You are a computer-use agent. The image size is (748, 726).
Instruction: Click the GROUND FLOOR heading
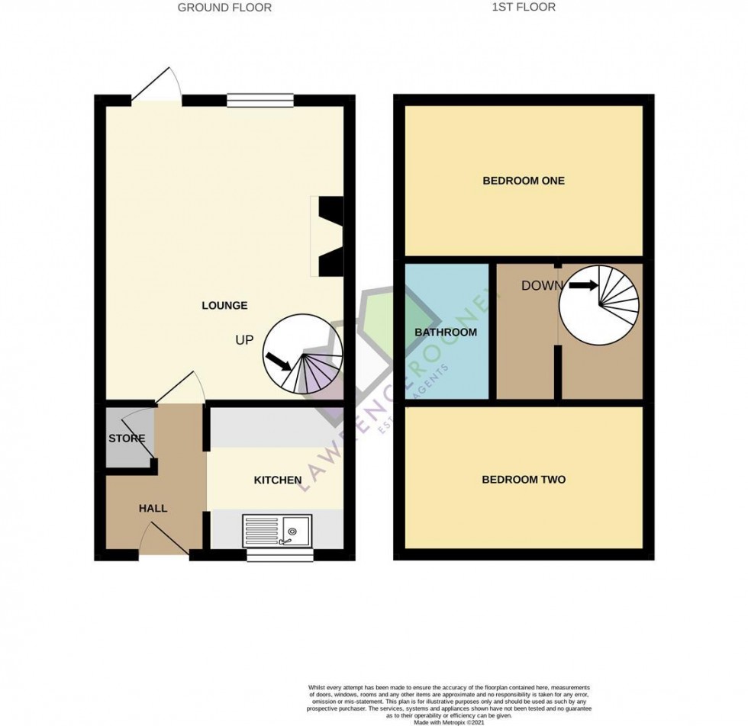224,8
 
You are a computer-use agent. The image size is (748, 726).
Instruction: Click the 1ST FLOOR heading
524,7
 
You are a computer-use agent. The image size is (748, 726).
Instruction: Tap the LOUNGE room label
224,306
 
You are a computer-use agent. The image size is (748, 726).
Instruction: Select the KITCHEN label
278,480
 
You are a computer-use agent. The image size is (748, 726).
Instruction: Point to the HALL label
153,508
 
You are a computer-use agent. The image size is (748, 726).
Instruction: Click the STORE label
127,438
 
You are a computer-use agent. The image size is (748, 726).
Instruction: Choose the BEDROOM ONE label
524,181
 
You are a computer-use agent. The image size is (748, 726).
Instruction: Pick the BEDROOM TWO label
524,480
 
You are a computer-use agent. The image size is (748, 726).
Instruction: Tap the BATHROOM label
446,332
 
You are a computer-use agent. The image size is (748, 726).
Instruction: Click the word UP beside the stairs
244,340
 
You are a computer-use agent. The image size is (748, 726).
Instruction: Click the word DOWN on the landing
542,286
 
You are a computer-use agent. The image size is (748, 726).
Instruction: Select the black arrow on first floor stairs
583,286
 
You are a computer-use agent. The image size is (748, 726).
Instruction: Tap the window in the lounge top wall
260,99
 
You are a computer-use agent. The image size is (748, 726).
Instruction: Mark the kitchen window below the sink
280,555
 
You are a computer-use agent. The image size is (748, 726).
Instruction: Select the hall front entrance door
164,540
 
